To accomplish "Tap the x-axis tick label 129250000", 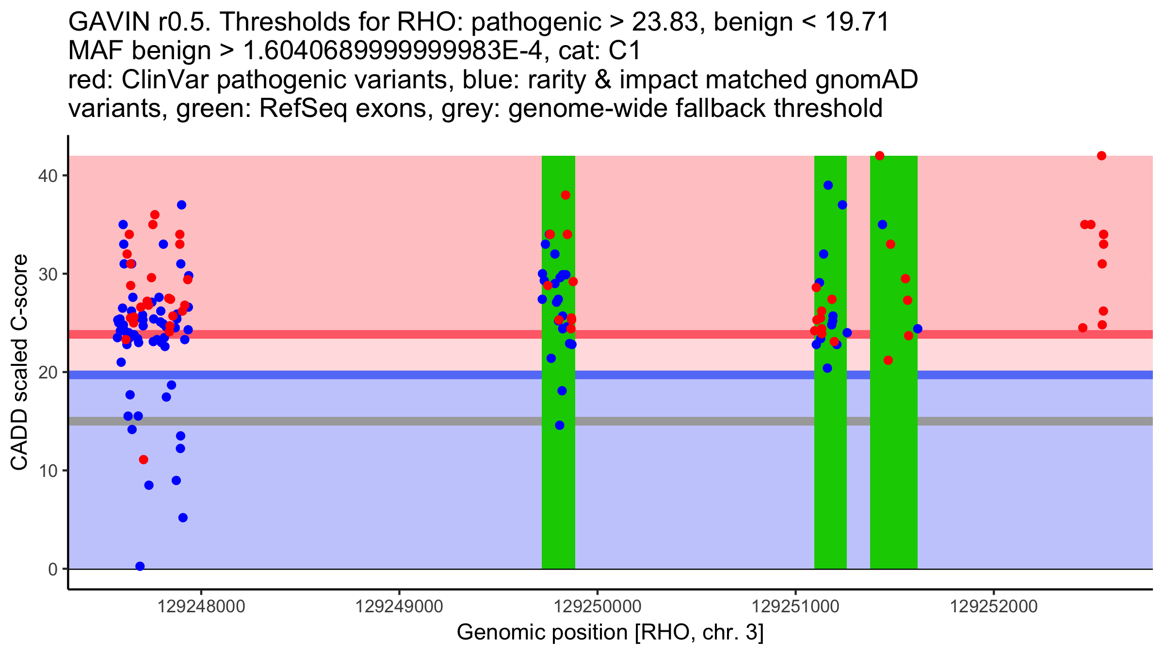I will [598, 606].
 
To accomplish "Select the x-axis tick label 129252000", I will [993, 606].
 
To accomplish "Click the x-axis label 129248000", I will [201, 606].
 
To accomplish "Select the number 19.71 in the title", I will [857, 22].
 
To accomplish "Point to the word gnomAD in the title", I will [866, 80].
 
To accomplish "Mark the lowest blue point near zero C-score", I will [140, 566].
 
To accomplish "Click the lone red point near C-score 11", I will [143, 459].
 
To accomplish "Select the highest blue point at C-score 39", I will [828, 185].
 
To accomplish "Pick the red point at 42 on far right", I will [1101, 156].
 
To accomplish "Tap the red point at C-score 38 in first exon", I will [566, 195].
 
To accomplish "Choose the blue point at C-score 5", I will [183, 518].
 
